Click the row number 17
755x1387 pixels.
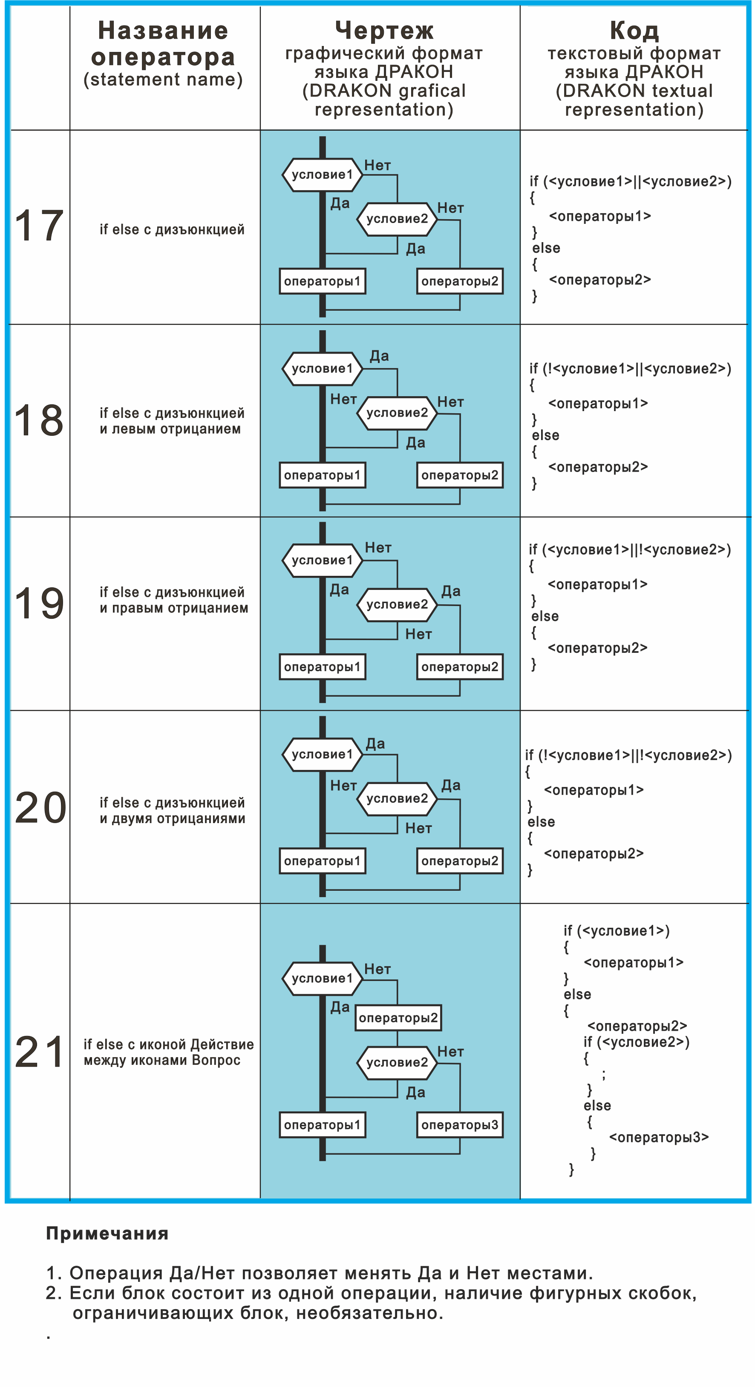click(x=39, y=226)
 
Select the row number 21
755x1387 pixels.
click(x=40, y=1052)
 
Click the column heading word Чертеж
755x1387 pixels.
click(x=384, y=31)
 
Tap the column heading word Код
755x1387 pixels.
click(x=634, y=31)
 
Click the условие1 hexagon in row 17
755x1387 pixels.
click(x=322, y=174)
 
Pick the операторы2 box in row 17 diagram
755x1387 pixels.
click(x=460, y=281)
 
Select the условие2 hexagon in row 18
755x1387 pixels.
click(x=397, y=413)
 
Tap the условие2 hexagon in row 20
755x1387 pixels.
click(x=397, y=798)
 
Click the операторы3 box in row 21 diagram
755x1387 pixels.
click(x=460, y=1125)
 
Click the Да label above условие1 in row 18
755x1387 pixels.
click(x=379, y=356)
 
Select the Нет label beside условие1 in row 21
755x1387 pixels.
click(x=377, y=969)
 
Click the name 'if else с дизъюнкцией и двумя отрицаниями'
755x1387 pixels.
click(x=173, y=810)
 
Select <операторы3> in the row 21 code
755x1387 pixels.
click(x=659, y=1137)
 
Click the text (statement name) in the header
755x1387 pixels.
click(x=163, y=80)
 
